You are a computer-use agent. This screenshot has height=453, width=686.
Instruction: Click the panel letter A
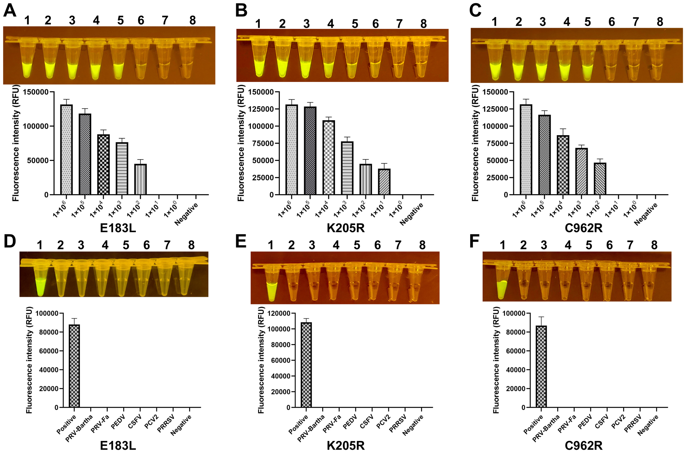(x=10, y=11)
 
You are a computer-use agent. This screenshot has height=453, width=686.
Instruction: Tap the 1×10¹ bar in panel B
(x=384, y=182)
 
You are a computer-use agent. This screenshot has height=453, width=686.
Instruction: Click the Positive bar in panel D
(x=74, y=366)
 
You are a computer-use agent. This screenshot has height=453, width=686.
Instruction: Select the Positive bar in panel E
(x=306, y=365)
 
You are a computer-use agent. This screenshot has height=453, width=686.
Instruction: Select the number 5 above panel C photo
(x=587, y=22)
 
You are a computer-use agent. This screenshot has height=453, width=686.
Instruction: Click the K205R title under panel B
(x=345, y=228)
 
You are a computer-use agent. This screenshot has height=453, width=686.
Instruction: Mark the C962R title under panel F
(x=583, y=446)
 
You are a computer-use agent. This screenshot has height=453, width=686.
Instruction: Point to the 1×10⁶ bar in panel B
(x=291, y=150)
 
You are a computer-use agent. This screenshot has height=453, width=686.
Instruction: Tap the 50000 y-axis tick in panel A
(x=38, y=160)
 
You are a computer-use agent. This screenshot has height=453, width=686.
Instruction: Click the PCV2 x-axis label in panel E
(x=383, y=422)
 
